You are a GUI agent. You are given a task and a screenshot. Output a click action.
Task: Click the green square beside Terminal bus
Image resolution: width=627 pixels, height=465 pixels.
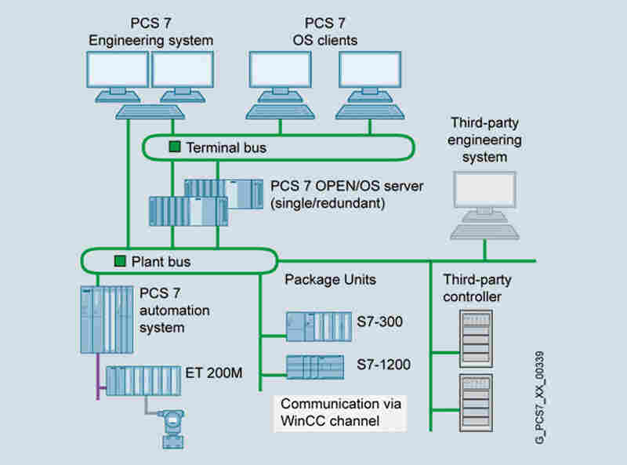(175, 147)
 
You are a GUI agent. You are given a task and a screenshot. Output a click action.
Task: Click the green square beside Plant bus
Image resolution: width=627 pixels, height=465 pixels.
(120, 260)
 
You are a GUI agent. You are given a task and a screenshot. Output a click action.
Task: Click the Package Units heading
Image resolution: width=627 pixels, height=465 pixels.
(330, 279)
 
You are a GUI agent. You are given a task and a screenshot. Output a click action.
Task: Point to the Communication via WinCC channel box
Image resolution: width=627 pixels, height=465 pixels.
(341, 412)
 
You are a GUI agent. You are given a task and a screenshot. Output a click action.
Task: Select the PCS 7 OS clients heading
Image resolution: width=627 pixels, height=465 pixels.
(326, 32)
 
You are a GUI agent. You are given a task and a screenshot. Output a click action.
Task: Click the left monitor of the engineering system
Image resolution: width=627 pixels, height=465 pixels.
(118, 69)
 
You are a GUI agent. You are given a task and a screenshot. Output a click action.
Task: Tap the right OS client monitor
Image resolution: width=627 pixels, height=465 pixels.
(369, 69)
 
